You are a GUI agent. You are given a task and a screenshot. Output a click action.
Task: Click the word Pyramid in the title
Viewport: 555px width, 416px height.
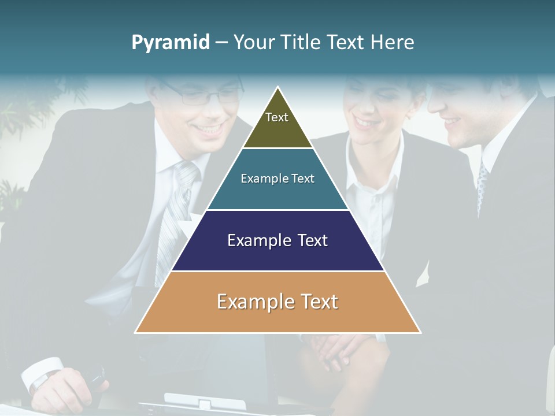170,43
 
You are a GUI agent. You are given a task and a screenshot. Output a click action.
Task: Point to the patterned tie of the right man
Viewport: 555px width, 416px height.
481,185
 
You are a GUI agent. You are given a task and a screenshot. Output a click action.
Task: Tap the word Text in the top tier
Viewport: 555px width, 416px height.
277,117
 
